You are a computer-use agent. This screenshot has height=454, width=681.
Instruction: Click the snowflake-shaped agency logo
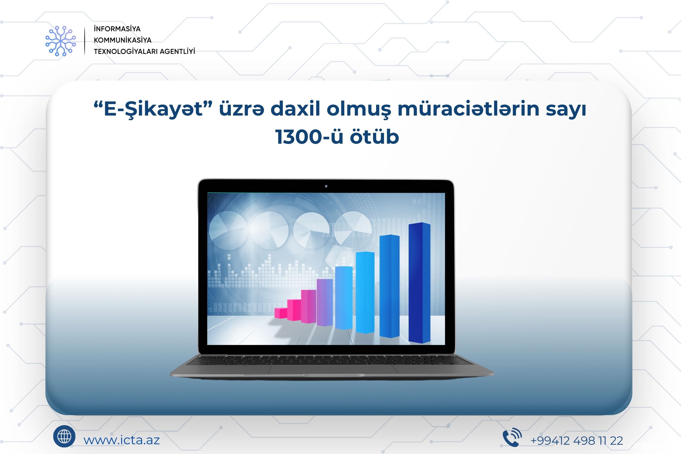tap(61, 41)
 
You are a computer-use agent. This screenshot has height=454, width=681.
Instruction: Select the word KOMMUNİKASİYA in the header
tap(123, 40)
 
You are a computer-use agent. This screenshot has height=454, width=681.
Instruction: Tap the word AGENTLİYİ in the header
tap(177, 52)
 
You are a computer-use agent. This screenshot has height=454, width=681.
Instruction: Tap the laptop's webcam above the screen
tap(326, 186)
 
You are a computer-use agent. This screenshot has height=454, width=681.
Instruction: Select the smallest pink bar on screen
tap(280, 313)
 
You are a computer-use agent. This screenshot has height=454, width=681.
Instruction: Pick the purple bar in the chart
tap(324, 302)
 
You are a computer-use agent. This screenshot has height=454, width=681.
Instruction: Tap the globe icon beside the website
tap(64, 436)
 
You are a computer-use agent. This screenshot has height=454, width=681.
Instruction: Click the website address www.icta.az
tap(122, 440)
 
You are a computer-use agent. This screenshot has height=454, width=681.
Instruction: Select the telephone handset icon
tap(512, 437)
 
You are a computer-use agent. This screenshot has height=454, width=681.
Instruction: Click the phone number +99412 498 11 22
tap(577, 441)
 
